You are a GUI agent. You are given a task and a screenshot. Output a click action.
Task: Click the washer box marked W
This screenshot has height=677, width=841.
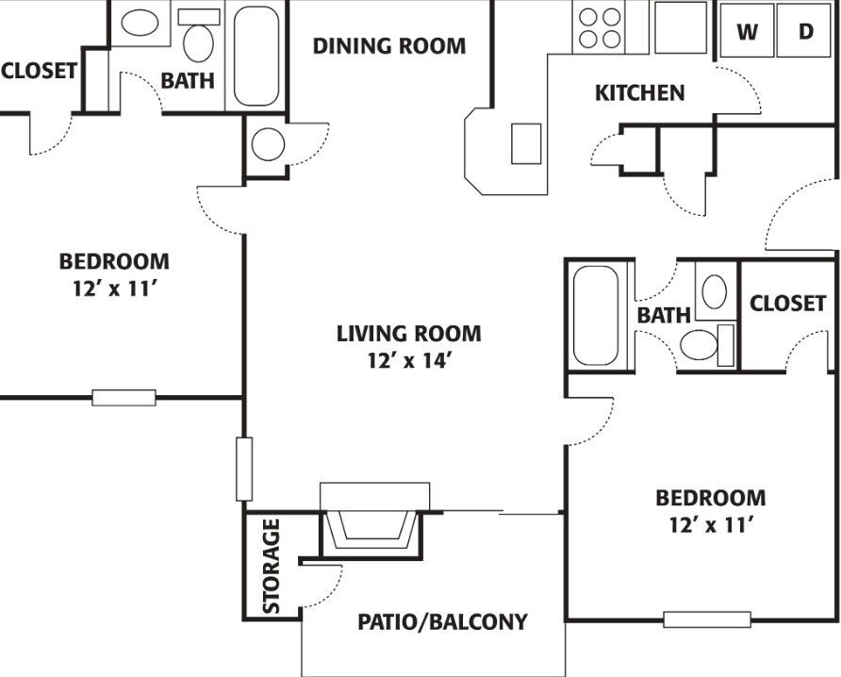(747, 31)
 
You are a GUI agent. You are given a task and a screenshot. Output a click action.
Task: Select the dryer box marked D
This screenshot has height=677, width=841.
(806, 31)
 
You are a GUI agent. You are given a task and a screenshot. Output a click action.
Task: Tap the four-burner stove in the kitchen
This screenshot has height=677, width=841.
(601, 27)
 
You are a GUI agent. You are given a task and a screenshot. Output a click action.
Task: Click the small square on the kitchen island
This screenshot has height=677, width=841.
(526, 143)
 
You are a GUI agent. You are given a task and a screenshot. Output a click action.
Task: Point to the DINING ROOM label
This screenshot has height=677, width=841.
(389, 45)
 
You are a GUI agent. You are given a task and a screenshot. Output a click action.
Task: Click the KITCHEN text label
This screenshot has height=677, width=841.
(639, 93)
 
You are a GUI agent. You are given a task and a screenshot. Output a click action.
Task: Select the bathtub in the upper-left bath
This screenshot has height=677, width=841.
(256, 56)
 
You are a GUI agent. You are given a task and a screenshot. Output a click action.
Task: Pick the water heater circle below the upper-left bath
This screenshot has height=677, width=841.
(268, 145)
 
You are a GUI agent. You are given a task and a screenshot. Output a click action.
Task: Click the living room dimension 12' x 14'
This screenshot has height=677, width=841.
(408, 360)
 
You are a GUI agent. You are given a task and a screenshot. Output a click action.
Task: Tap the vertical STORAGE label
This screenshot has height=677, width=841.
(272, 566)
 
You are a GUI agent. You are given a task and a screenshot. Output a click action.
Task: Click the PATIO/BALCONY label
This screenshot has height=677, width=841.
(442, 622)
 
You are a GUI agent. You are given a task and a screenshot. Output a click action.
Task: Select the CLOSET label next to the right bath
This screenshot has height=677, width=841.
(787, 303)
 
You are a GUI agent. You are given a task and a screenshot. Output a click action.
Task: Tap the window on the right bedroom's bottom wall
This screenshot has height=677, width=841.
(707, 619)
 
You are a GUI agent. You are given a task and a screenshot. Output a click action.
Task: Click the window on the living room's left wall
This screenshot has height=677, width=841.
(244, 469)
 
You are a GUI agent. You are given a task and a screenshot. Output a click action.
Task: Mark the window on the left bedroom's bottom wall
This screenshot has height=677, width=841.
(124, 397)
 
